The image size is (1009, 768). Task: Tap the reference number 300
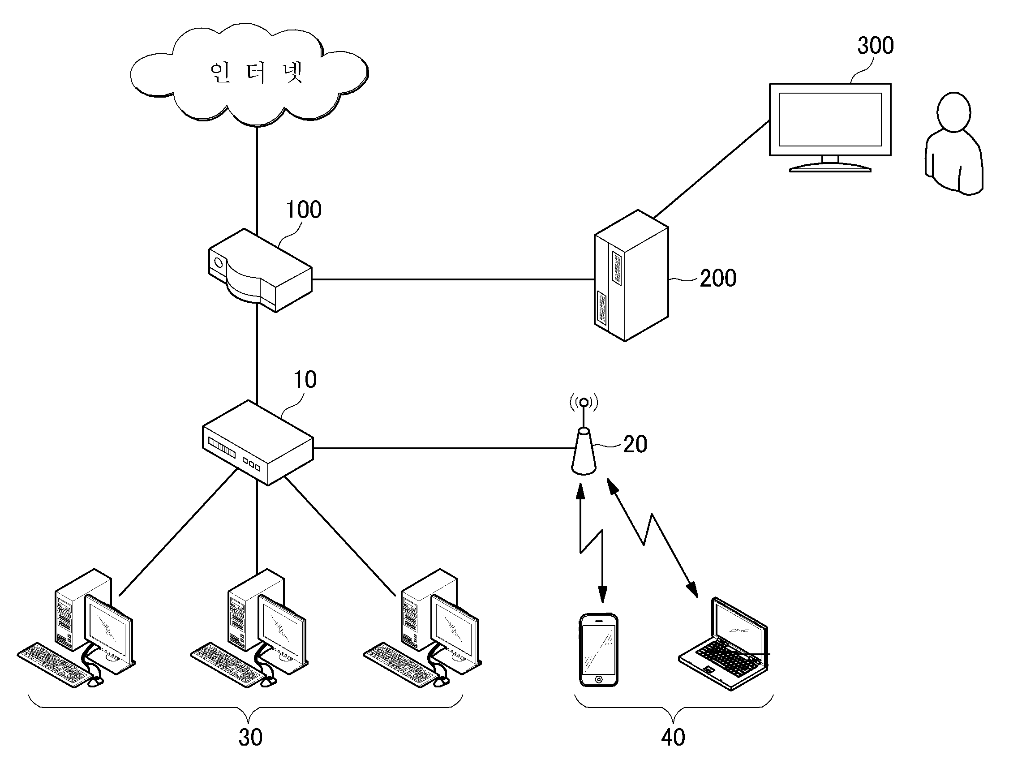(x=875, y=46)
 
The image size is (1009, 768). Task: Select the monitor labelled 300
(x=830, y=127)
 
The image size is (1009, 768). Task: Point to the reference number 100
(x=304, y=210)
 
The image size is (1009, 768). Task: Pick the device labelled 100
(x=260, y=270)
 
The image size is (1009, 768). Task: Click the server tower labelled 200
(x=631, y=275)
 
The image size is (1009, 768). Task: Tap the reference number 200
(x=718, y=279)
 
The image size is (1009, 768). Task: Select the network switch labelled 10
(x=258, y=442)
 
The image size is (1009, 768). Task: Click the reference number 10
(x=305, y=379)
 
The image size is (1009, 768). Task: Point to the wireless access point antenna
(x=584, y=434)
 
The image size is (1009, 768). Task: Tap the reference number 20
(x=635, y=444)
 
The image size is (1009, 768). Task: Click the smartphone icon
(x=598, y=650)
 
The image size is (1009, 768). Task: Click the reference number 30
(x=250, y=738)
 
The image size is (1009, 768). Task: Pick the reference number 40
(x=673, y=738)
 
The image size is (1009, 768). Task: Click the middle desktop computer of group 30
(x=249, y=628)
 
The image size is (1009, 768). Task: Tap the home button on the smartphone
(x=598, y=680)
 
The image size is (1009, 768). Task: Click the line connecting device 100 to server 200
(x=453, y=279)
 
